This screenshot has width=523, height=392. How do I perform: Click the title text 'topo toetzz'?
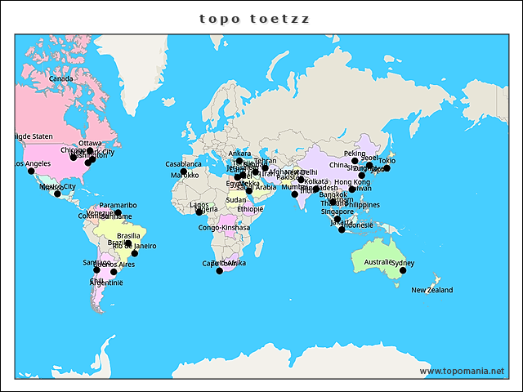255,18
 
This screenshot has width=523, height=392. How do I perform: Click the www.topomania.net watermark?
462,371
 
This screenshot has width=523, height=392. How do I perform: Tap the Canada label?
61,78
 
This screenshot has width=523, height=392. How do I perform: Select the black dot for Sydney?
403,270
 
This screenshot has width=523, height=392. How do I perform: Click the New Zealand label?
431,290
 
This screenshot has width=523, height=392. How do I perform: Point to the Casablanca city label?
183,164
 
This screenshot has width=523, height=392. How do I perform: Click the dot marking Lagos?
199,212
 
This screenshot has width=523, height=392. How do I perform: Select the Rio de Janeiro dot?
135,253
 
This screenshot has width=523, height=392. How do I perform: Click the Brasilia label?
128,236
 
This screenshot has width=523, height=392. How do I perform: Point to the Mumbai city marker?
295,194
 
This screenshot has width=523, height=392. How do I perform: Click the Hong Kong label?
351,182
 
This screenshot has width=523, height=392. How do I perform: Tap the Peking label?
355,154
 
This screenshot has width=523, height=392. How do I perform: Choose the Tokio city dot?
387,168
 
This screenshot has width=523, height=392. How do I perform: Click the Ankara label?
239,154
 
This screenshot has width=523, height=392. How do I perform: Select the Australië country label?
379,262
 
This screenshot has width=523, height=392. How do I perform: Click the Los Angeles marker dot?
31,171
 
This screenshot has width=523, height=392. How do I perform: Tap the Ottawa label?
90,143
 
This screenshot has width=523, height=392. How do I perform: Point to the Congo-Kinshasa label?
224,227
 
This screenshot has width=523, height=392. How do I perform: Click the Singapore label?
337,212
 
